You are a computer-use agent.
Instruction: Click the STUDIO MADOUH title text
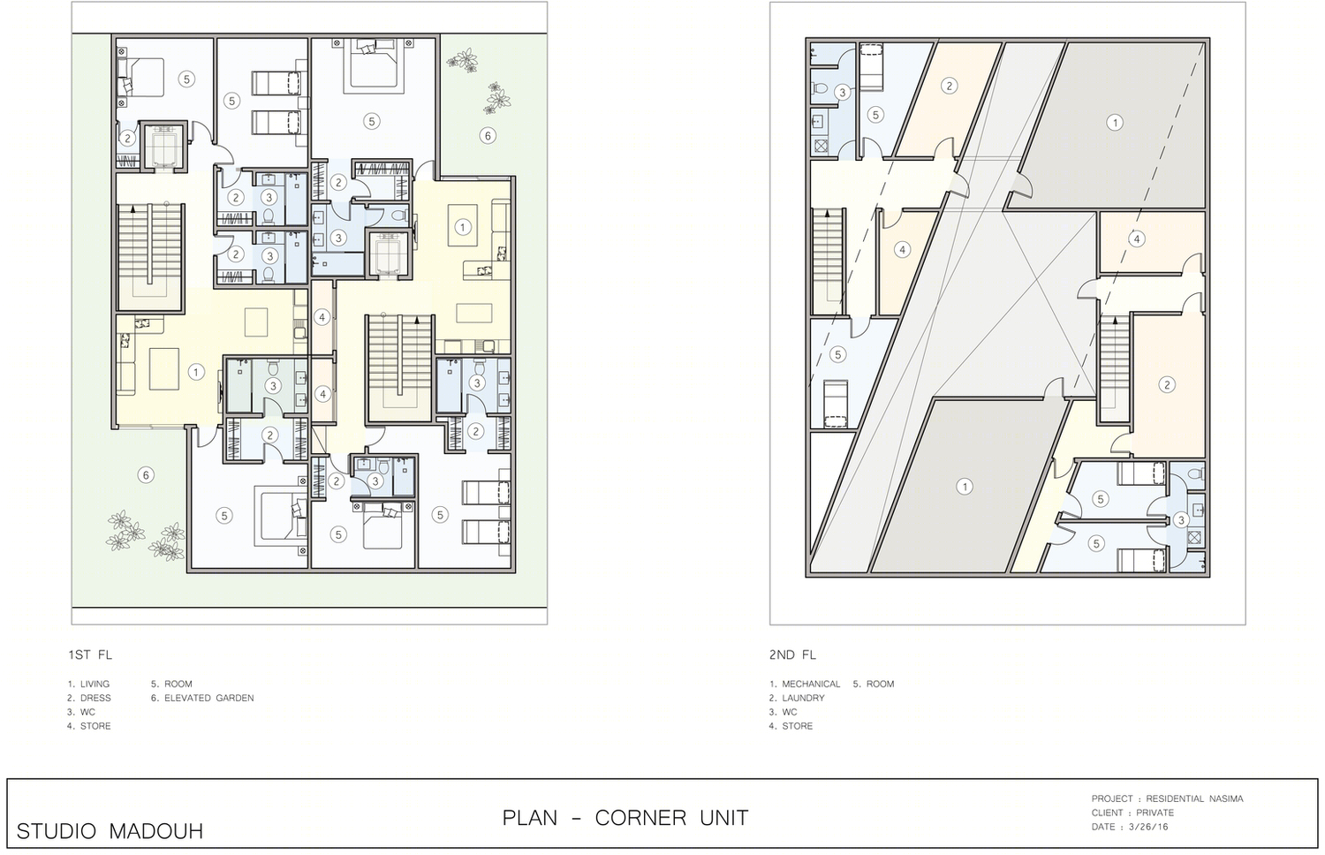pos(110,831)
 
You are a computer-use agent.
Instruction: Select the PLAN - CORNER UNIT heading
pos(625,818)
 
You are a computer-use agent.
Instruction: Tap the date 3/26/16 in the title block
pos(1148,827)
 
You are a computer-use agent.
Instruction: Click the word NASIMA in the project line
pos(1224,798)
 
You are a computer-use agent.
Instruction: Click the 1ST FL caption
pos(90,654)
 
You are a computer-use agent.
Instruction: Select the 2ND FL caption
pos(792,654)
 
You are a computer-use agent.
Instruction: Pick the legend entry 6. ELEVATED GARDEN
pos(202,698)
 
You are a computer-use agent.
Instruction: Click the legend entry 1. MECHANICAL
pos(805,684)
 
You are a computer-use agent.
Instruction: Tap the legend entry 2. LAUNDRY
pos(797,698)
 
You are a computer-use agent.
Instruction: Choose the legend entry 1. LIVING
pos(88,684)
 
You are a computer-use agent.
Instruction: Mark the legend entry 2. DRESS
pos(88,698)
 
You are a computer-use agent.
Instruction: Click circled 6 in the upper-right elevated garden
pos(488,136)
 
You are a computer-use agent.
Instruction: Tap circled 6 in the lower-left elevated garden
pos(146,475)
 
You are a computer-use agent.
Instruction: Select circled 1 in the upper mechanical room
pos(1115,123)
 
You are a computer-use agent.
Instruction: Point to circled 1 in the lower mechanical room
pos(965,487)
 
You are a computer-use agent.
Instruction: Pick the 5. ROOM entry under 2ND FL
pos(873,684)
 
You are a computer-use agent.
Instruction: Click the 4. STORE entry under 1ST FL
pos(88,725)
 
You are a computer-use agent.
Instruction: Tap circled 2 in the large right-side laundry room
pos(1167,385)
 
